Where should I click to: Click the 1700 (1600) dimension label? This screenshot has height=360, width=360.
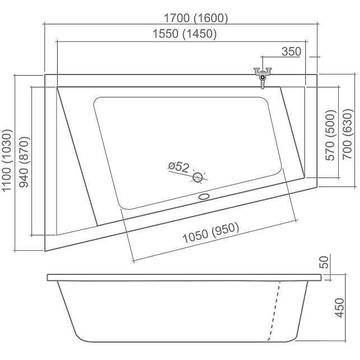[x=196, y=18]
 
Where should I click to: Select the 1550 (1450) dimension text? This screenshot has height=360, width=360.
[x=185, y=34]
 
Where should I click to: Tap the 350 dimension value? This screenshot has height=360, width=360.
[x=291, y=52]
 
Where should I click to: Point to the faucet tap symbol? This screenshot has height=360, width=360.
[x=263, y=76]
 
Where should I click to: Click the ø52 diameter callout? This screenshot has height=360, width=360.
[x=179, y=167]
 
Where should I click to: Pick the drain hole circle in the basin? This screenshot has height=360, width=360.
[x=197, y=177]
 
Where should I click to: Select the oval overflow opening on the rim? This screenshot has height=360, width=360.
[x=204, y=197]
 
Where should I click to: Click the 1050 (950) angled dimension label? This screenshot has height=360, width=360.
[x=211, y=232]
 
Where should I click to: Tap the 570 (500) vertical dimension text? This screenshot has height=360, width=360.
[x=331, y=135]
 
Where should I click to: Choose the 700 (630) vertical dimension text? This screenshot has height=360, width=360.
[x=347, y=134]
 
